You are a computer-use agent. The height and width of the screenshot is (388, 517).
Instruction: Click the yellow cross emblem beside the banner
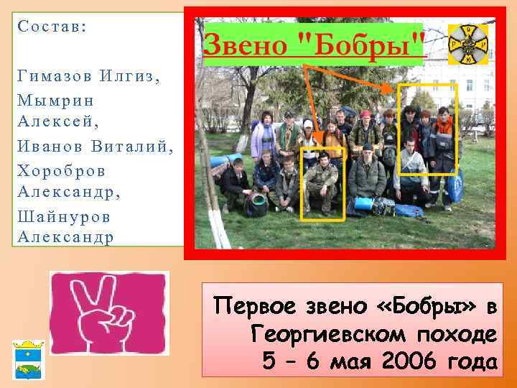(467, 44)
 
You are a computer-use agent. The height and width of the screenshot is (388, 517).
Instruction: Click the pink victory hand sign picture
(109, 313)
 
